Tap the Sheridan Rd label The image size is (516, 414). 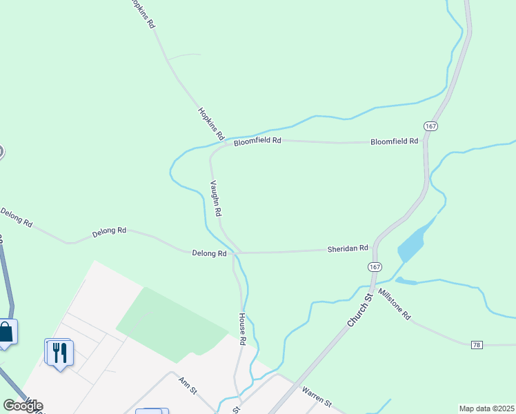click(348, 248)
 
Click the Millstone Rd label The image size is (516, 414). click(395, 305)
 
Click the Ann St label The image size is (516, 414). click(188, 385)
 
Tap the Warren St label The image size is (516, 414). click(317, 397)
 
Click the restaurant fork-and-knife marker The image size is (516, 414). click(58, 352)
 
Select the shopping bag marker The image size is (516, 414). click(6, 332)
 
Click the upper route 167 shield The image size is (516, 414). click(430, 126)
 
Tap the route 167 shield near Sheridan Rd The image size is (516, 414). click(375, 267)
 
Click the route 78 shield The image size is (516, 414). click(477, 344)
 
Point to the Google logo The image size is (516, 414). click(23, 406)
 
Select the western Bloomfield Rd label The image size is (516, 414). click(257, 141)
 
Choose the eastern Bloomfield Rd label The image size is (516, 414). click(394, 141)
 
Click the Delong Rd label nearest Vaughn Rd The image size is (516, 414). click(209, 254)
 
